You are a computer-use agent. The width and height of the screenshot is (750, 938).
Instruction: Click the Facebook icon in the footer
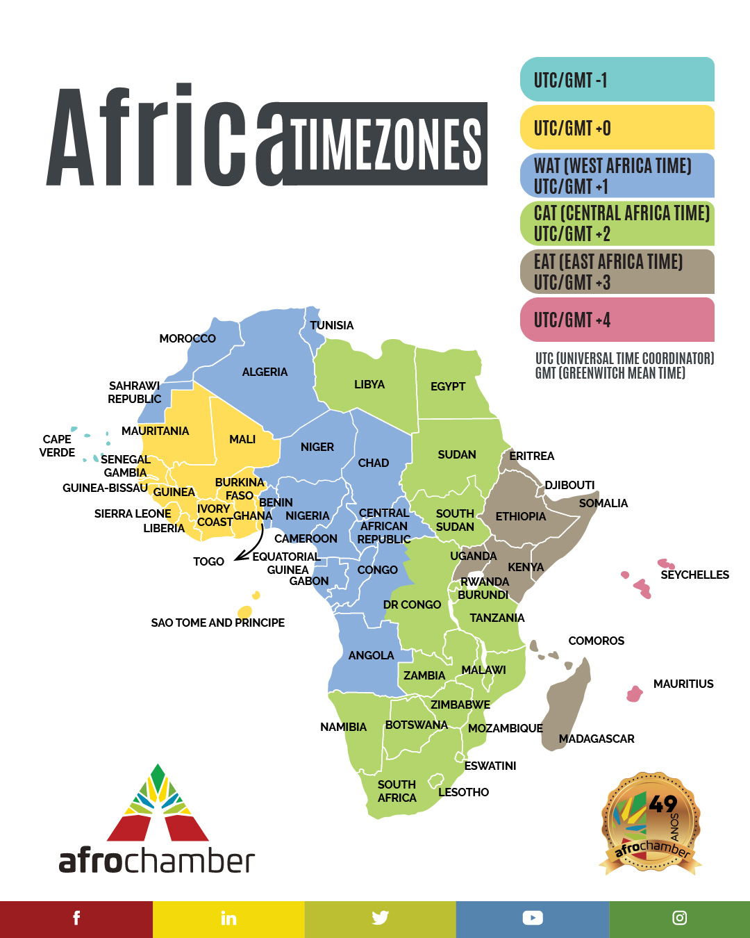click(x=76, y=918)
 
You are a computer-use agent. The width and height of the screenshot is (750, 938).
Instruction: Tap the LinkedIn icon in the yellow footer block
click(x=228, y=919)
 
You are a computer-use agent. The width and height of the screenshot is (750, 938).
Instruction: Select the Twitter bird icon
click(x=380, y=918)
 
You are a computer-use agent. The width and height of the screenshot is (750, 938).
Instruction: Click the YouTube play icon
click(x=533, y=918)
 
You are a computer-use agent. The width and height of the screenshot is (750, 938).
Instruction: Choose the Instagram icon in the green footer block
click(x=680, y=918)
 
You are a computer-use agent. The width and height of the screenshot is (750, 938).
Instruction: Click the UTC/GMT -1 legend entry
click(x=617, y=80)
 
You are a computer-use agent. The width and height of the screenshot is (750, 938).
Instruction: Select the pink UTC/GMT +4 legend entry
click(x=617, y=320)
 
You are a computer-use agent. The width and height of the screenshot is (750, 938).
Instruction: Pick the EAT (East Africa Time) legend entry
click(x=617, y=272)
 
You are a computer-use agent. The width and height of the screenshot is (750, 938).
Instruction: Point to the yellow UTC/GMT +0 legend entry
click(x=617, y=128)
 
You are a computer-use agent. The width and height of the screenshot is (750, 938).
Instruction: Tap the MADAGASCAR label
click(x=597, y=739)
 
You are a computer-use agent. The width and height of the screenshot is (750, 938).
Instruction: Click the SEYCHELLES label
click(x=694, y=575)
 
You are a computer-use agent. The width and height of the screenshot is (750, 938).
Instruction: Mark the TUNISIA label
click(x=331, y=325)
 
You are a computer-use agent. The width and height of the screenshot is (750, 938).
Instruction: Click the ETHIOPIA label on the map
click(x=521, y=516)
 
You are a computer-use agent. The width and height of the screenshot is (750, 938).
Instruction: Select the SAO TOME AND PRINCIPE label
click(x=217, y=623)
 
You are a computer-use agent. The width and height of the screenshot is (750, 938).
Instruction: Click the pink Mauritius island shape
click(x=634, y=693)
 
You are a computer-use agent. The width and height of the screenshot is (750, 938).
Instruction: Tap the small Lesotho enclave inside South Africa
click(x=435, y=780)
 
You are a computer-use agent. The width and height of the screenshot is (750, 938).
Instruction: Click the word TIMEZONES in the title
click(x=386, y=145)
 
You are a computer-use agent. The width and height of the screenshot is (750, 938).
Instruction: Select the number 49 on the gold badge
click(x=662, y=804)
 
